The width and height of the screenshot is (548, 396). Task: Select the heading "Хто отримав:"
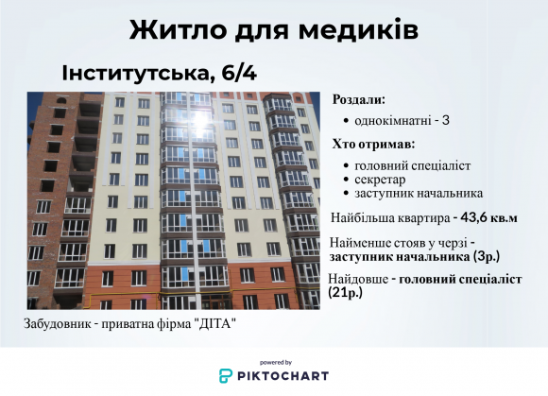[373, 145]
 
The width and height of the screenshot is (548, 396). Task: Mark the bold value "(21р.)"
[345, 293]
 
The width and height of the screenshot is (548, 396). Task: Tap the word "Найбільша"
[361, 217]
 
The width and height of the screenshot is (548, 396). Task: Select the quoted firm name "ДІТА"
[214, 324]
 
